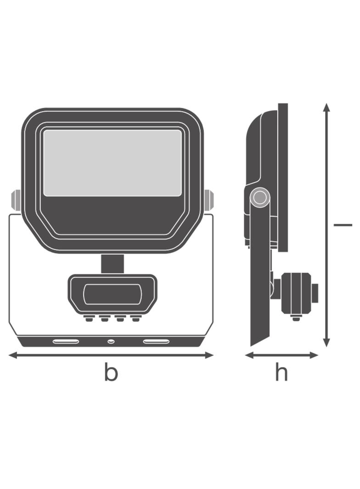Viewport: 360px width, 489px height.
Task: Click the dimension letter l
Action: pyautogui.click(x=343, y=224)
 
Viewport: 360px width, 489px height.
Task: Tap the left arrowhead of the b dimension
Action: pyautogui.click(x=13, y=355)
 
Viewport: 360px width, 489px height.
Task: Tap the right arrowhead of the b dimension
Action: pyautogui.click(x=209, y=355)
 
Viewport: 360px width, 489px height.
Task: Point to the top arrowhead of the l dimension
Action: pyautogui.click(x=326, y=107)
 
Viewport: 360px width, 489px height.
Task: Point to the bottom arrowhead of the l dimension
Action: pyautogui.click(x=326, y=343)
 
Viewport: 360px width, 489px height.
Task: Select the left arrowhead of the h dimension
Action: pyautogui.click(x=249, y=355)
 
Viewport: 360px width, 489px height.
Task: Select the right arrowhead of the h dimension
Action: pyautogui.click(x=314, y=355)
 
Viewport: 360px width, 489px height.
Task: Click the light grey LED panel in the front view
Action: pyautogui.click(x=112, y=163)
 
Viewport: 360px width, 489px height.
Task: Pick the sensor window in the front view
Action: pyautogui.click(x=112, y=294)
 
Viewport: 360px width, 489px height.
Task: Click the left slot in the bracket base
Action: pyautogui.click(x=66, y=341)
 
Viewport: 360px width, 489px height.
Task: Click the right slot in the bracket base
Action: pyautogui.click(x=157, y=341)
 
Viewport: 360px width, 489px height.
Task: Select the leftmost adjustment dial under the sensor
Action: pyautogui.click(x=88, y=318)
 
